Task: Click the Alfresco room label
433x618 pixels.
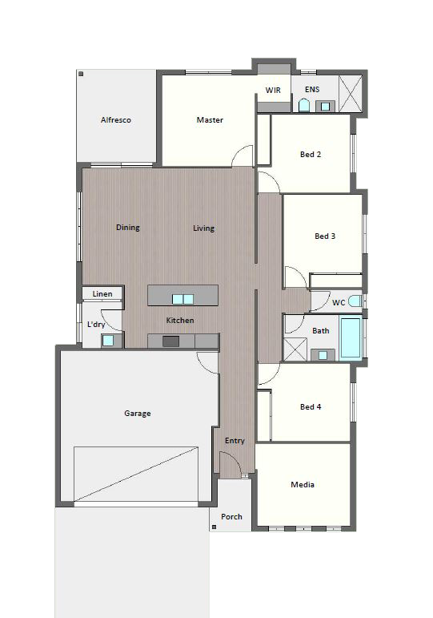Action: (x=116, y=119)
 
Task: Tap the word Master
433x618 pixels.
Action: (x=210, y=119)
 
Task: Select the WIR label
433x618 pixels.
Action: (x=273, y=91)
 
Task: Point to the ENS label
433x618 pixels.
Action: (x=312, y=90)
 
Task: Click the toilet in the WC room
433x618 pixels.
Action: (x=355, y=301)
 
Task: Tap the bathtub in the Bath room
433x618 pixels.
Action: (x=351, y=337)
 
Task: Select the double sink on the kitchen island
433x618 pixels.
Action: (x=182, y=300)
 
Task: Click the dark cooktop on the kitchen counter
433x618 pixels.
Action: (x=170, y=341)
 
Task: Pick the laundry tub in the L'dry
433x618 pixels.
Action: (x=108, y=341)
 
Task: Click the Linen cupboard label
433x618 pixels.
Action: (x=102, y=294)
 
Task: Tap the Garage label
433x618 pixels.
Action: (x=138, y=414)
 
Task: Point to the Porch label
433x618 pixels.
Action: (x=231, y=517)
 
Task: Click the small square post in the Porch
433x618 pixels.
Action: (x=214, y=527)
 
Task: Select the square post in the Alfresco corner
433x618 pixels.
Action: (x=81, y=74)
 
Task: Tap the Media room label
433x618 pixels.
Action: (x=303, y=485)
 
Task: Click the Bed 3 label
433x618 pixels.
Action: (x=325, y=236)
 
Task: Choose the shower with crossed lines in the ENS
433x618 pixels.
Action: (x=351, y=94)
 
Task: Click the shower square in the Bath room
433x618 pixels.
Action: (x=295, y=349)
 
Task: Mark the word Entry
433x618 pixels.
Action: (x=235, y=441)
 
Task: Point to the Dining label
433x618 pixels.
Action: (x=127, y=228)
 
